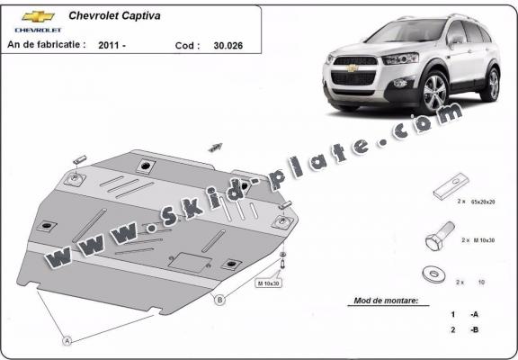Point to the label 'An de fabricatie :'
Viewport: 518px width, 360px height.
tap(46, 43)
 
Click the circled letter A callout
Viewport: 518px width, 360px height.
tap(66, 340)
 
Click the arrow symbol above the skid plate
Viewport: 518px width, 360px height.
tap(215, 146)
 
